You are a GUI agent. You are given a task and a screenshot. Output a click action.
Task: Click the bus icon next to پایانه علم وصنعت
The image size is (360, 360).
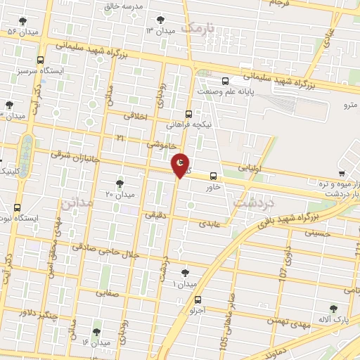(226, 80)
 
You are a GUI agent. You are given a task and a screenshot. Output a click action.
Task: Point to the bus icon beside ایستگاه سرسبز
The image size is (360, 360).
(39, 60)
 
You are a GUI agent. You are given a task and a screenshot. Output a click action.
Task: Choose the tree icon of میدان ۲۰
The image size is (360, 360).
(119, 183)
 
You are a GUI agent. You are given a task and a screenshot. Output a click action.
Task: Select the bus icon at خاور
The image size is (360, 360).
(213, 177)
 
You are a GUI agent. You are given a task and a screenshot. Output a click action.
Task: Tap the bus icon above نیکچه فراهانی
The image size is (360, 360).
(188, 113)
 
